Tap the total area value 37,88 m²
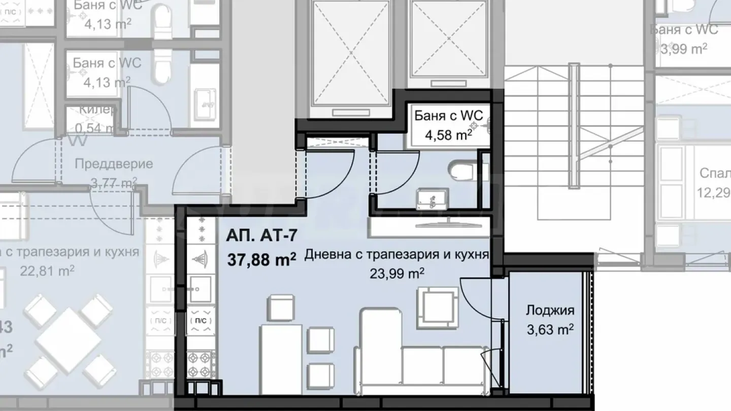pos(262,260)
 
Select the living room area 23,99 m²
pos(397,274)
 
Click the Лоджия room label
pos(550,310)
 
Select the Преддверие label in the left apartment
pos(114,164)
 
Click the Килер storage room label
pos(99,110)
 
